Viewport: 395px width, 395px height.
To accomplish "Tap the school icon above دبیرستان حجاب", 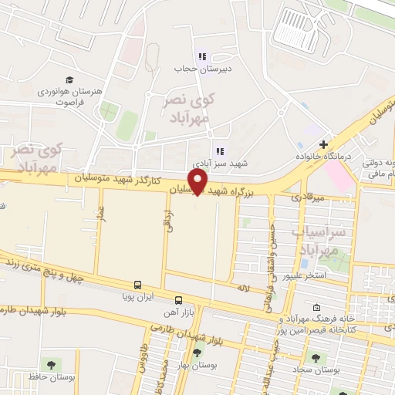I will pos(202,56).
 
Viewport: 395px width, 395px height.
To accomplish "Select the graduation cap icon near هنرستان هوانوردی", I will pos(69,80).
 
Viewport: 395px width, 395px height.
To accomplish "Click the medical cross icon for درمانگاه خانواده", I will pos(323,144).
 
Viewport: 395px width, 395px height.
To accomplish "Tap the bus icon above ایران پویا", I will pos(138,285).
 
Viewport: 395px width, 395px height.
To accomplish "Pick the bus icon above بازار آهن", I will pos(178,299).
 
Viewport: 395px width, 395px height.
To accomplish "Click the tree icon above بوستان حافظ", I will pos(51,364).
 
